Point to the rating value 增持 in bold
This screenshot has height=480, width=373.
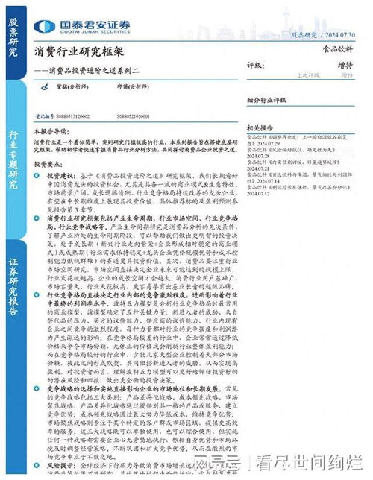[345, 66]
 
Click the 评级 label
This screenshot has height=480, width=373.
[256, 66]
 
